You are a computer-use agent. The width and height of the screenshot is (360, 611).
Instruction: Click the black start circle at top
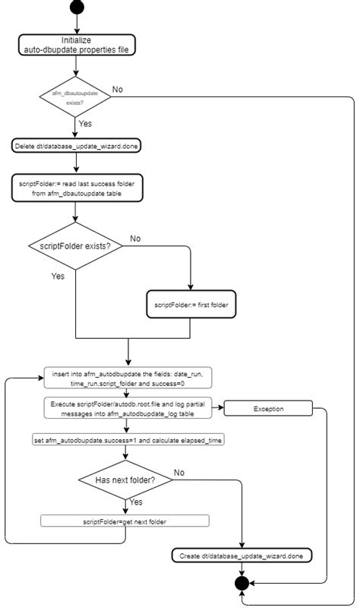[76, 7]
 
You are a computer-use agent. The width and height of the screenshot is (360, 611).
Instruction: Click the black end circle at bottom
[242, 584]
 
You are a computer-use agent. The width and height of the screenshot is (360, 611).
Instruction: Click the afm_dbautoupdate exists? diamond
[75, 97]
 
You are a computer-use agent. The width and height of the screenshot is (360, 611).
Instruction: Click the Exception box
[268, 409]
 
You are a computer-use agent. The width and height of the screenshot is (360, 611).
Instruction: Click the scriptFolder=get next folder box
[125, 521]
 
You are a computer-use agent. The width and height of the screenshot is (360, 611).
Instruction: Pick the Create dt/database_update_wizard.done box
[242, 556]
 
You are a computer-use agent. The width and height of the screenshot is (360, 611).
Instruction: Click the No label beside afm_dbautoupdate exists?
[118, 89]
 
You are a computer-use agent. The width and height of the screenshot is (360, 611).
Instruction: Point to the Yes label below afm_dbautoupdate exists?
[86, 122]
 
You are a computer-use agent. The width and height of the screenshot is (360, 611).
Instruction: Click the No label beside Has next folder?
[179, 473]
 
